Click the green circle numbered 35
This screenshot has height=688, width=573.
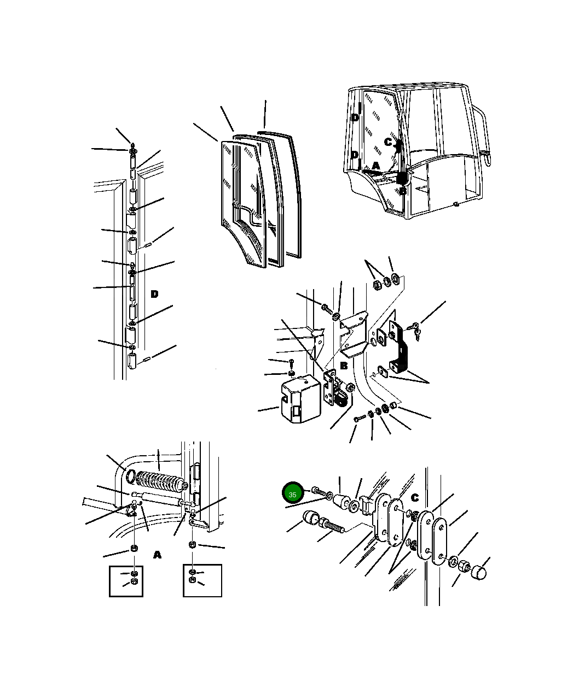tap(292, 492)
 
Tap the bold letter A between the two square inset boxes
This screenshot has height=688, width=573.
tap(158, 555)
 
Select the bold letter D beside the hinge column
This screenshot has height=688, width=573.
tap(154, 294)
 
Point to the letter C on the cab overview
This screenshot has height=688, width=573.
tap(388, 142)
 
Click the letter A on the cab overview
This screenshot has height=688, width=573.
tap(376, 166)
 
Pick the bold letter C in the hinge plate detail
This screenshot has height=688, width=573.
tap(415, 498)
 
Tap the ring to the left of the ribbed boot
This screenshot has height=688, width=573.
tap(131, 477)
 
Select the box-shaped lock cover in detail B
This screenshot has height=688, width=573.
tap(300, 399)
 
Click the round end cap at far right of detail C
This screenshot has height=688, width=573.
tap(479, 573)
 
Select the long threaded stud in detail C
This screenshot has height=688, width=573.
tap(333, 525)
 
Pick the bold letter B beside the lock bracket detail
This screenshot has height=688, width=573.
tap(344, 366)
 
